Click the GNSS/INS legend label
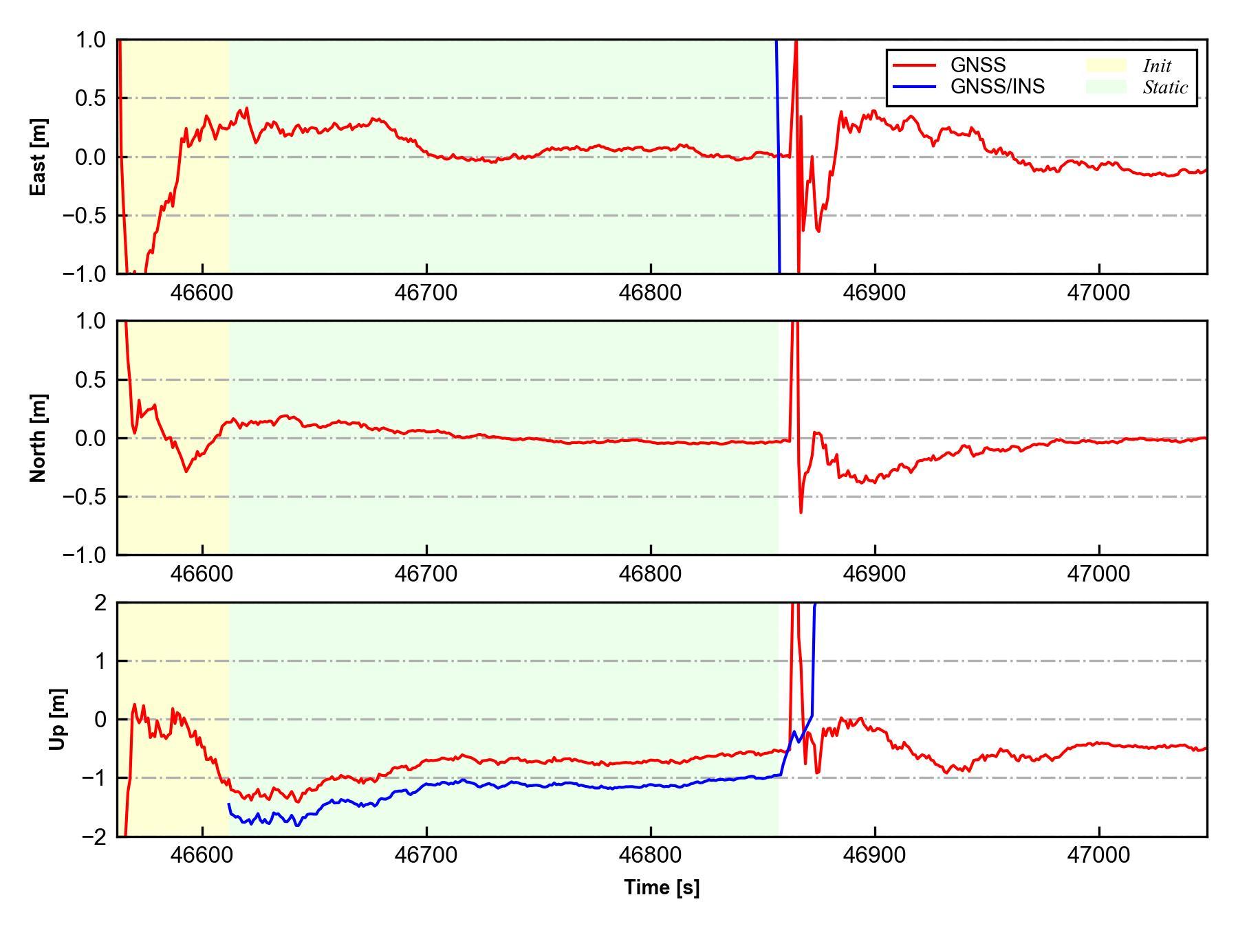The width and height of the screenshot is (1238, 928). (x=997, y=87)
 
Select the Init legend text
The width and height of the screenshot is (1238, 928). (x=1157, y=66)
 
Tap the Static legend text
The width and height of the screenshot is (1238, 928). (x=1165, y=87)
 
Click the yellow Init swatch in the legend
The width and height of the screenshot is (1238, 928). (x=1106, y=65)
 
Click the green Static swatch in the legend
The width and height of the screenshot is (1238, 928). (x=1106, y=87)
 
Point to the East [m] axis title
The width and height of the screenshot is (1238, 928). (x=39, y=157)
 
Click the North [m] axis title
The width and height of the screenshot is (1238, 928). (x=39, y=438)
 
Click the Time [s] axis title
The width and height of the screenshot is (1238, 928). (x=662, y=887)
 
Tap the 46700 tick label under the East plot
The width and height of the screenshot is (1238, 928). (x=426, y=293)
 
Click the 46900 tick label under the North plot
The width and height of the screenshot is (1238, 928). (x=875, y=573)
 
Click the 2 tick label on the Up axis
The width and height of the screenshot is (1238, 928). (x=100, y=603)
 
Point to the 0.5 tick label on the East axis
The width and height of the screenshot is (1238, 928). (x=91, y=99)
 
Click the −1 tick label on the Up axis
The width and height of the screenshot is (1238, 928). (x=93, y=778)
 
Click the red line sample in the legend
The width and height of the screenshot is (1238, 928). (x=914, y=65)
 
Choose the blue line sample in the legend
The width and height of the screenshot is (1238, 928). (x=914, y=87)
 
